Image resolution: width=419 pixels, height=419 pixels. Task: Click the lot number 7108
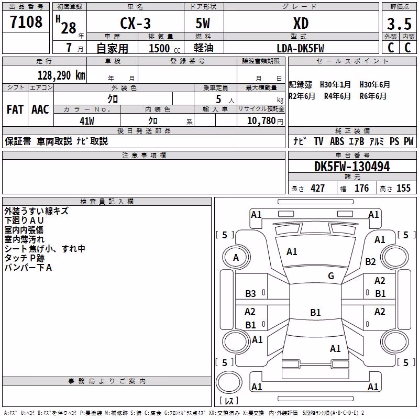tap(26, 21)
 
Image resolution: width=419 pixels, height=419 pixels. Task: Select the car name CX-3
tap(135, 23)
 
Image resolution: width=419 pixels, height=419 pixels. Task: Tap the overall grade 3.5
tap(399, 24)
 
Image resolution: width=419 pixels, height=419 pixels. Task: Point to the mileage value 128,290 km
tap(61, 75)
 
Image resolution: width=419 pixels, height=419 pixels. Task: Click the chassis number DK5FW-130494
tap(352, 167)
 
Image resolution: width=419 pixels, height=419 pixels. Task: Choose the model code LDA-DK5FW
tap(300, 48)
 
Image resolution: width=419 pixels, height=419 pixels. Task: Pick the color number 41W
tap(87, 121)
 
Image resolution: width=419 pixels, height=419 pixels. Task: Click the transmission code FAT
tap(15, 109)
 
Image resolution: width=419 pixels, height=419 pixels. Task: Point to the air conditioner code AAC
tap(40, 109)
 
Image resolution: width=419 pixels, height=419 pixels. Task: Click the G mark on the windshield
tap(331, 276)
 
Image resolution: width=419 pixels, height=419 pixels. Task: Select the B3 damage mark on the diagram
tap(250, 294)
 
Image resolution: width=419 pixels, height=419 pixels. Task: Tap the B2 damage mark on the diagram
tap(370, 261)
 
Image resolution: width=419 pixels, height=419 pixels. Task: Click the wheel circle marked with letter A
tap(236, 258)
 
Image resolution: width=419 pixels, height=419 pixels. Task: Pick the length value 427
tap(317, 189)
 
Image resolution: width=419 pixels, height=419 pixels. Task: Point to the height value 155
tap(403, 189)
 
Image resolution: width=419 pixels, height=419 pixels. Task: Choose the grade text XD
tap(301, 24)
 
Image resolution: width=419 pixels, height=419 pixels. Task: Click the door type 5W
tap(203, 23)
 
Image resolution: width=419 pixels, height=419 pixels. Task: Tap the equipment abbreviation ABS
tap(337, 141)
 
